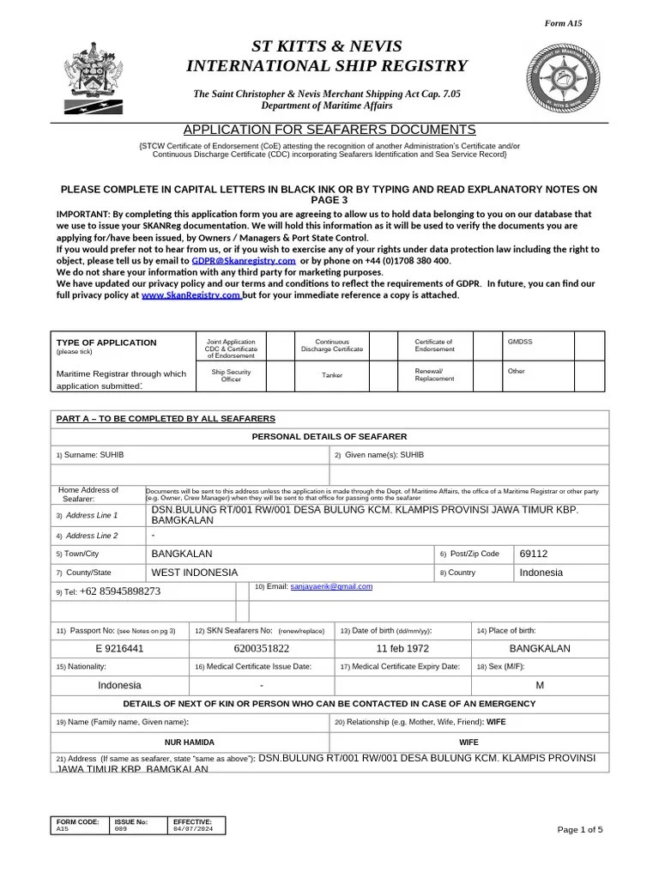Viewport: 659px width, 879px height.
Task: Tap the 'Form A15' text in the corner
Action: pos(588,24)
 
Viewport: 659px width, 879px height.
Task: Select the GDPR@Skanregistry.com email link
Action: pos(244,260)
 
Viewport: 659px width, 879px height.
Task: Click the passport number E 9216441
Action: pos(119,648)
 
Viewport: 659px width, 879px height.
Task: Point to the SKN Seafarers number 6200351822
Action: pos(261,648)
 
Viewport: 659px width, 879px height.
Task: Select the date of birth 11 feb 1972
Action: pos(403,648)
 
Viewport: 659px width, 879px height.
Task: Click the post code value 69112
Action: pos(534,554)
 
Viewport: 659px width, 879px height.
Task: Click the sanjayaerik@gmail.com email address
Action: pos(331,586)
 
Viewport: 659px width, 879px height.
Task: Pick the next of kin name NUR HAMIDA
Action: pos(190,741)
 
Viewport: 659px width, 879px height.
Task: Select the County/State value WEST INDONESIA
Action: pos(195,573)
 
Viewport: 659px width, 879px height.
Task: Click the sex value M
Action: pos(540,685)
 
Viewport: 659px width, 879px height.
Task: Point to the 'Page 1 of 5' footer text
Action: pos(580,829)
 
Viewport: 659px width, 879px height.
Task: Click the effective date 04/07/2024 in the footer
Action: pos(190,829)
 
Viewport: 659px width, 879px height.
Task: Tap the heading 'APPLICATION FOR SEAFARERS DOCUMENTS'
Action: pos(329,130)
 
